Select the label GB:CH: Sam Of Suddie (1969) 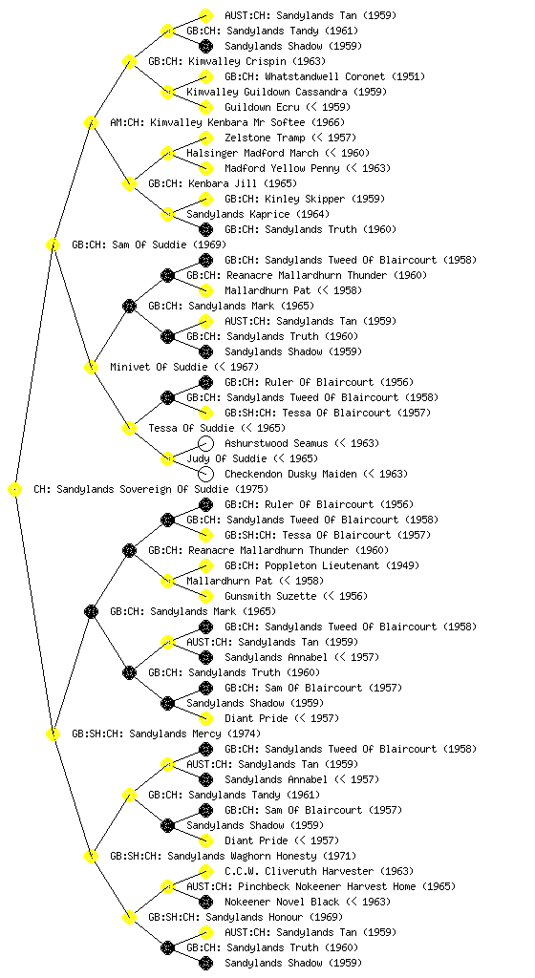tap(149, 244)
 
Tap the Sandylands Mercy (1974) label tap(195, 733)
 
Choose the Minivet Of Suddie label tap(159, 367)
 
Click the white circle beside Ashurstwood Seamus tap(205, 443)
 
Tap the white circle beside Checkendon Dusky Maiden tap(205, 474)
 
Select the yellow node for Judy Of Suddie tap(167, 459)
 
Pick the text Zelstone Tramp tap(265, 138)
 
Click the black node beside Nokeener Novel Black tap(205, 902)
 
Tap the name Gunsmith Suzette tap(270, 596)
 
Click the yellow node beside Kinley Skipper tap(205, 199)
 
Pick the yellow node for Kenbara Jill tap(129, 184)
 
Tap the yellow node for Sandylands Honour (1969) tap(129, 918)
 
